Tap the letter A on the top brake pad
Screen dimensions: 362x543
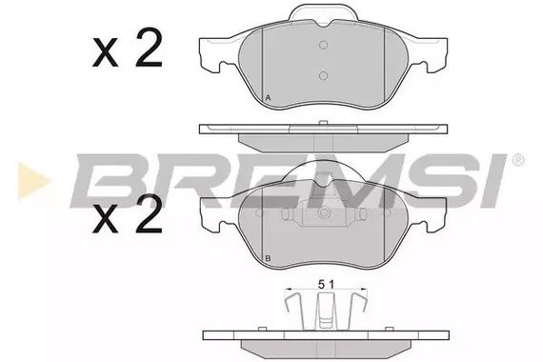click(268, 98)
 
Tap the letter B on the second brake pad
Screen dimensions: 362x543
click(268, 259)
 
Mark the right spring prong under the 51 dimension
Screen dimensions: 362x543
click(356, 311)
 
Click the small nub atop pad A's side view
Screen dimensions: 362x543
click(323, 121)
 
